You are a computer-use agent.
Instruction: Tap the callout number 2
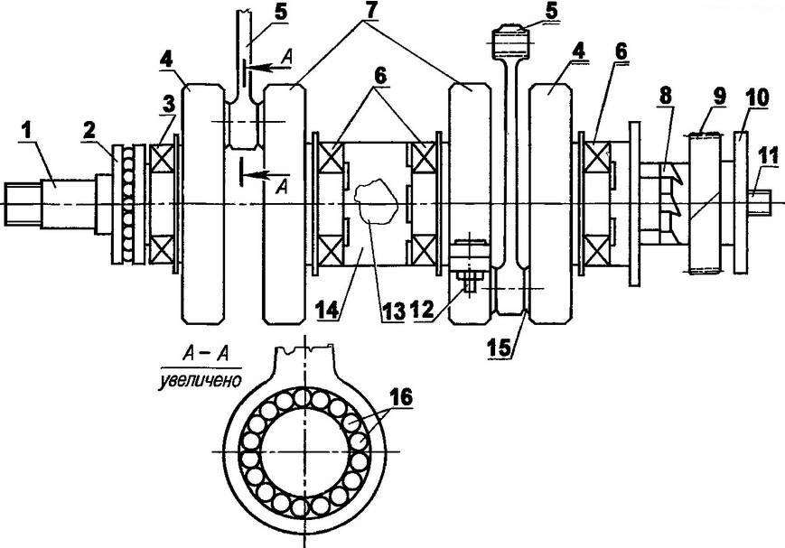tap(89, 131)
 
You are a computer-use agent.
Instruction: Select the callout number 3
tap(169, 104)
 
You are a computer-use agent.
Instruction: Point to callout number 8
tap(665, 97)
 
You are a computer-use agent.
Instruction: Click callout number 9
tap(719, 97)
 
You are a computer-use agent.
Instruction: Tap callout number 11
tap(768, 157)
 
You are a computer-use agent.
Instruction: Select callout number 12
tap(422, 310)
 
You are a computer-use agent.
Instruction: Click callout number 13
tap(393, 312)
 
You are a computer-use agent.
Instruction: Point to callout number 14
tap(328, 310)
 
